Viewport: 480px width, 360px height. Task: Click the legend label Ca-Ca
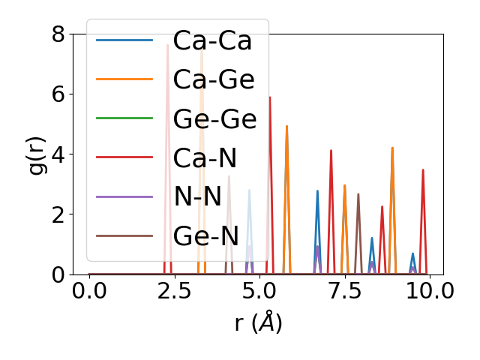pyautogui.click(x=212, y=40)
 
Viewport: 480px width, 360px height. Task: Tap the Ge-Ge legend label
pyautogui.click(x=214, y=118)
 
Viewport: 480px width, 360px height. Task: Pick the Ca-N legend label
pyautogui.click(x=205, y=157)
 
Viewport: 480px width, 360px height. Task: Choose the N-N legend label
pyautogui.click(x=197, y=196)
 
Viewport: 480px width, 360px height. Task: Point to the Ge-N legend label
pyautogui.click(x=206, y=235)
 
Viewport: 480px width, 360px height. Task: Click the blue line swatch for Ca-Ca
pyautogui.click(x=124, y=40)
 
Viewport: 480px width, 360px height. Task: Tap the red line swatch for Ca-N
pyautogui.click(x=124, y=157)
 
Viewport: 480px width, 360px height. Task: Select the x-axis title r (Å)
pyautogui.click(x=258, y=323)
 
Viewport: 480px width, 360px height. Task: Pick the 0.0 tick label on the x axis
pyautogui.click(x=89, y=291)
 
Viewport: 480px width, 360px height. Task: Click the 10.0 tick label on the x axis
pyautogui.click(x=424, y=291)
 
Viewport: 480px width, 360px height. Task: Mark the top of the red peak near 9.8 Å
pyautogui.click(x=423, y=170)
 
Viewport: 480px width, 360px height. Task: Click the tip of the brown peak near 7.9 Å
pyautogui.click(x=358, y=194)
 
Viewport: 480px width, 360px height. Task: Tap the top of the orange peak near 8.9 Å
pyautogui.click(x=392, y=148)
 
